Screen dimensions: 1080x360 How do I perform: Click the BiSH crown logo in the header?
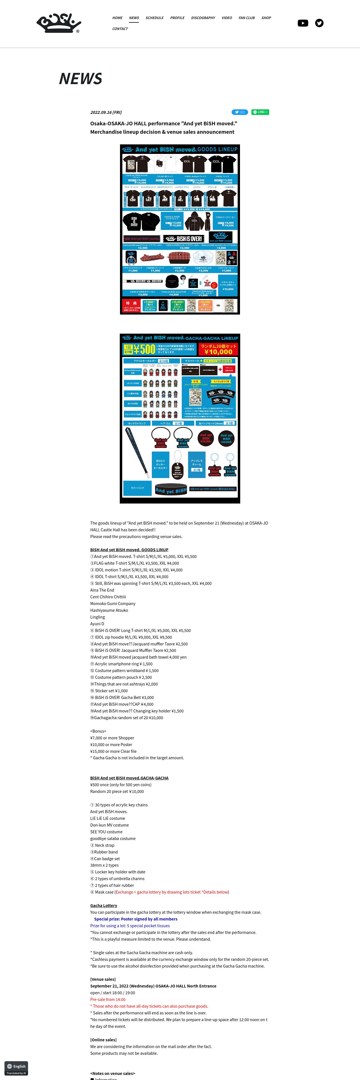click(58, 24)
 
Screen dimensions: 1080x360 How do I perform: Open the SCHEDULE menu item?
click(154, 18)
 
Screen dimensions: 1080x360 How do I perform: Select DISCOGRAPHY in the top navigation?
click(203, 18)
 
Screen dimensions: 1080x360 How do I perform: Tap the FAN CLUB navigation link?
click(246, 18)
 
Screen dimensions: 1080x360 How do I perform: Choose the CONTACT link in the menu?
click(120, 29)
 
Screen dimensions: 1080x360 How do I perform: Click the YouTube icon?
click(303, 23)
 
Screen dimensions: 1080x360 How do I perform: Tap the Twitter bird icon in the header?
click(319, 23)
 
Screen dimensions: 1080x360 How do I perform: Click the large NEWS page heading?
click(80, 79)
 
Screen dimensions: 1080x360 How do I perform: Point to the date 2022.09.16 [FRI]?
click(106, 112)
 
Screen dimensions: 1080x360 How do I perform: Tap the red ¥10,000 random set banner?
click(218, 349)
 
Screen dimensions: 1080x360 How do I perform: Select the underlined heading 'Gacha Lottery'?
click(103, 906)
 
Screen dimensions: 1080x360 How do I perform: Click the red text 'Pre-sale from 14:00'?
click(108, 1000)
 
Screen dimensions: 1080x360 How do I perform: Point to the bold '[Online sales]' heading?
click(103, 1040)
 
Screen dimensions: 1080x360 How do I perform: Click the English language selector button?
click(16, 1066)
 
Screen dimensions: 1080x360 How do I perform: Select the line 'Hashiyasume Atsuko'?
click(109, 610)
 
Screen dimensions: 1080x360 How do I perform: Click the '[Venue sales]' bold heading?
click(103, 979)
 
